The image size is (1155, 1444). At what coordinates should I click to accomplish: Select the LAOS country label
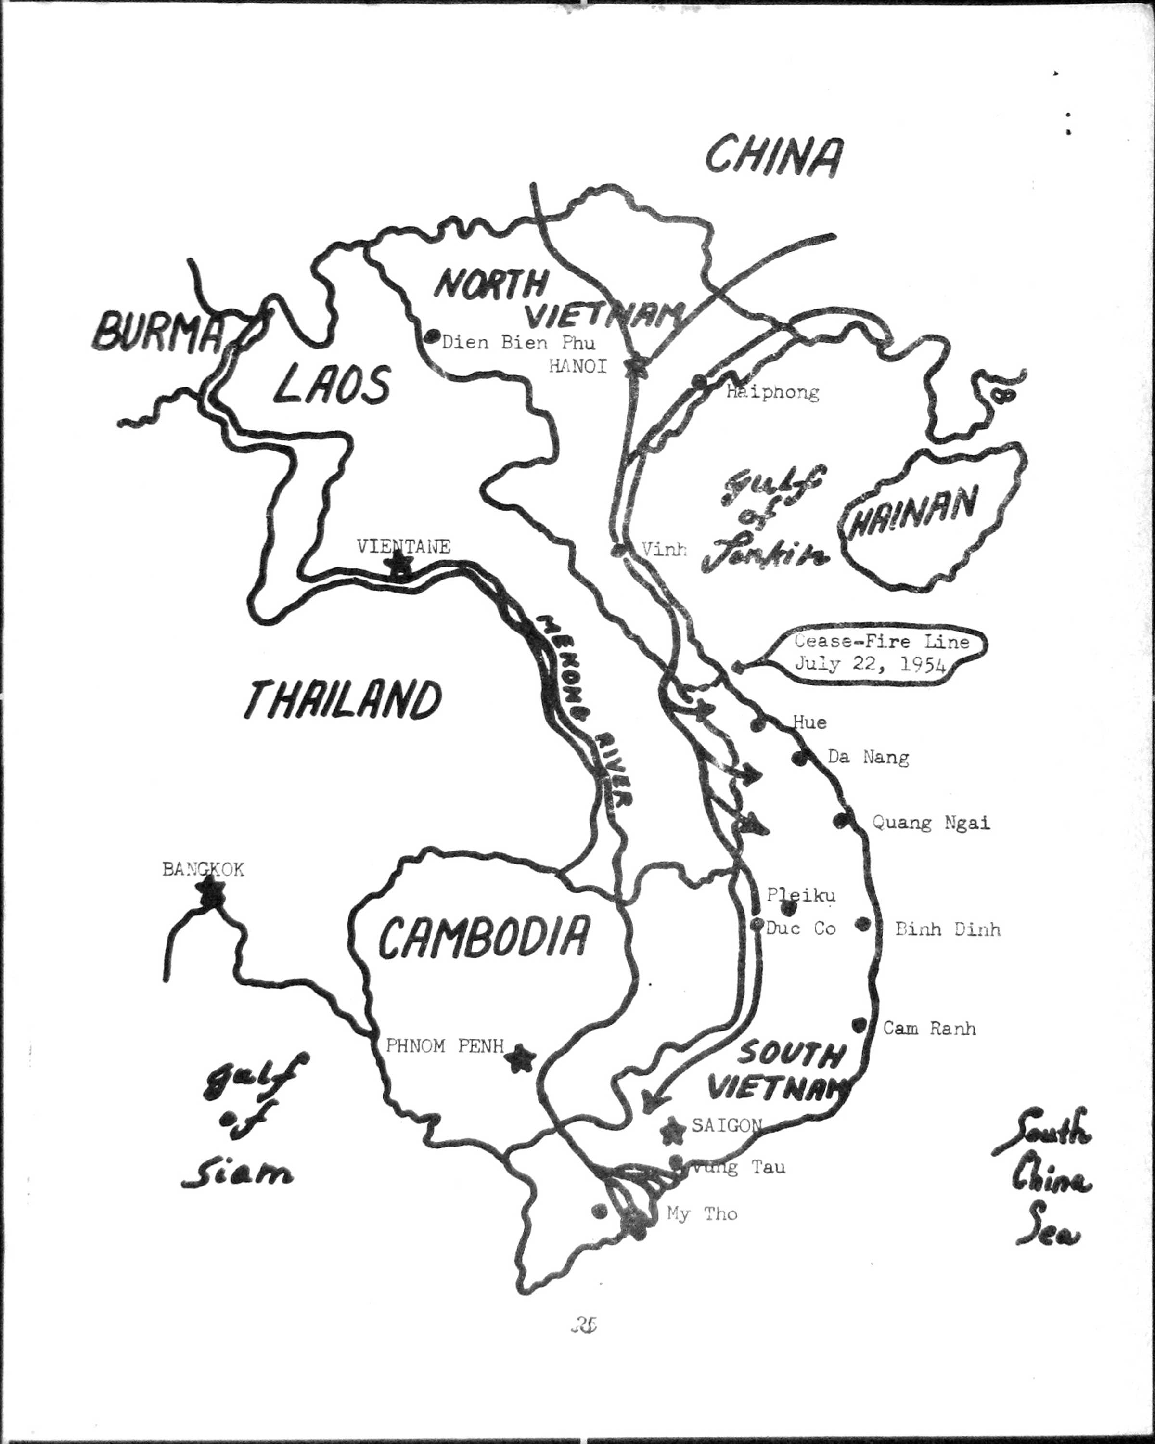coord(332,385)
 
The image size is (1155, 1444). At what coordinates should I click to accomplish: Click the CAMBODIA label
coord(484,936)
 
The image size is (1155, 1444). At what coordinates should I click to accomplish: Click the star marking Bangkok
coord(211,891)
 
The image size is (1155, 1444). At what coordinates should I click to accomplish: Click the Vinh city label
coord(664,549)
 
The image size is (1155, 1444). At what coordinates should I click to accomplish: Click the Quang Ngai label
coord(931,823)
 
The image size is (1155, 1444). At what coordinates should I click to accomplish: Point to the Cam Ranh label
coord(929,1028)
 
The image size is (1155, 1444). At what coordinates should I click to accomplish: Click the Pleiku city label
coord(801,895)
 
